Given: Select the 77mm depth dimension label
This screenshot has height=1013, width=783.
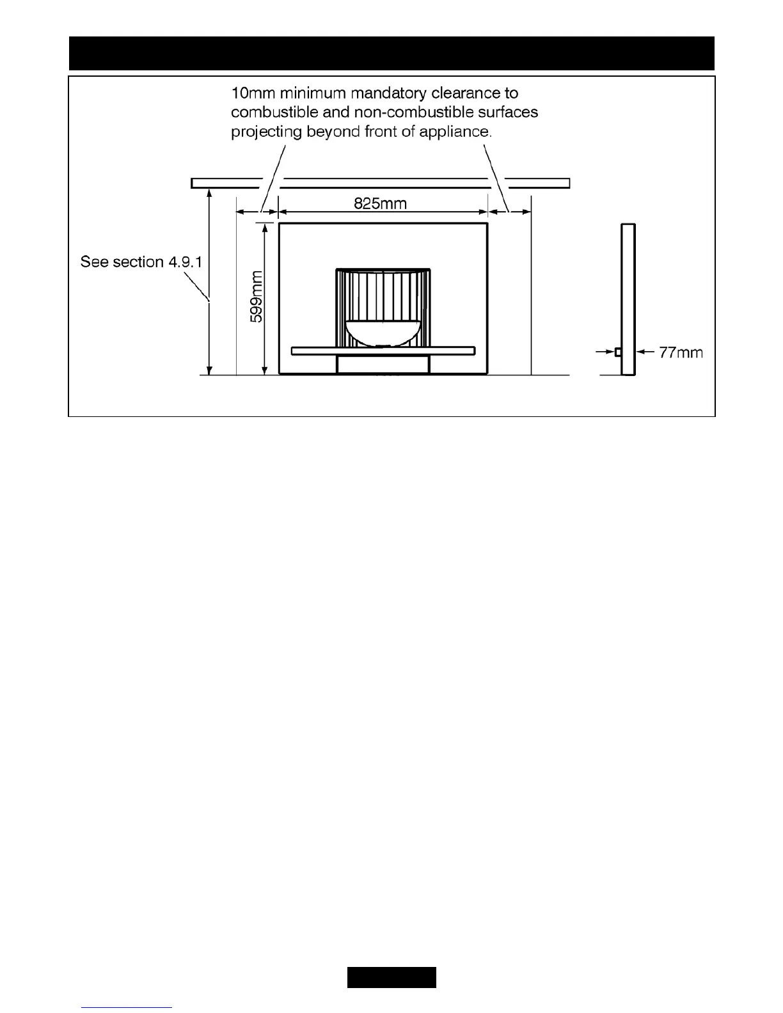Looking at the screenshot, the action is (681, 352).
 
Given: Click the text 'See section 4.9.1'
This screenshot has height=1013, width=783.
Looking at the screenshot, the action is (141, 262).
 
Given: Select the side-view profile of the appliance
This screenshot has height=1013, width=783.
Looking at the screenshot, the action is (628, 299).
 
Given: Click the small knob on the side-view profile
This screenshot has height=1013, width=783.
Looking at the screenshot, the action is (618, 352).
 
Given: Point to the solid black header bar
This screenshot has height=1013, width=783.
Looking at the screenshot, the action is (391, 53).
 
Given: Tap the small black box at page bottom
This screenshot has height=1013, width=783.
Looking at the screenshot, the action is (391, 977).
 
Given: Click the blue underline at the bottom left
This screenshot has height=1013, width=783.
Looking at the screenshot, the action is (127, 1007).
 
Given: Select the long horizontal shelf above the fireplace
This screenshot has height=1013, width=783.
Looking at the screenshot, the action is (380, 184).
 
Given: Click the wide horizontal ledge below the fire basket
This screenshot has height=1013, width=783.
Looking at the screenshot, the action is (383, 350).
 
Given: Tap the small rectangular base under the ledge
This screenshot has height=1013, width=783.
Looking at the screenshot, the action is (383, 364).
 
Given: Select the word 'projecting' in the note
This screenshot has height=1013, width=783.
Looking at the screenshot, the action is (265, 132).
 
